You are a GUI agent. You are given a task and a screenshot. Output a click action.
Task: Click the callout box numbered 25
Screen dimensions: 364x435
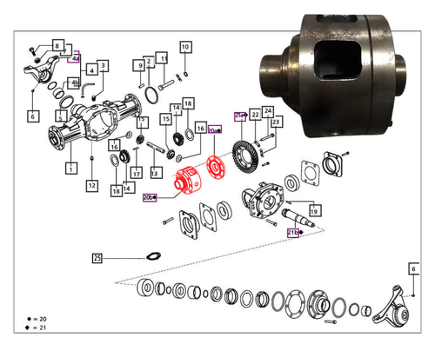point(97,258)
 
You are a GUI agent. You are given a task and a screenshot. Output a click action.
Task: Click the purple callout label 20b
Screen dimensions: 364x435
point(150,197)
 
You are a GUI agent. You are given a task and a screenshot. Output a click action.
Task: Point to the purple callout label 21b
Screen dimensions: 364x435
point(293,233)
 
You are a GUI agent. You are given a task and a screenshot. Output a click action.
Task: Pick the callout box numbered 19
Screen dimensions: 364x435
point(312,208)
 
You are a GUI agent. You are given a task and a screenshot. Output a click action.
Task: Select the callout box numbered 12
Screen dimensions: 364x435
point(91,185)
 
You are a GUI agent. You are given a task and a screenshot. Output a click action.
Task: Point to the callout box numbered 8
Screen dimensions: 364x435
point(57,45)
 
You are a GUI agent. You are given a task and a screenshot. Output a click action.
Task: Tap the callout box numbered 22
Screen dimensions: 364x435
point(255,114)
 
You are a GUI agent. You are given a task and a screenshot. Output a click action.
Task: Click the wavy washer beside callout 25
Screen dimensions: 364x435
point(152,256)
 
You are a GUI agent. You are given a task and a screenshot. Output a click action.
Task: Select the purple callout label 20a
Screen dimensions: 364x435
point(215,130)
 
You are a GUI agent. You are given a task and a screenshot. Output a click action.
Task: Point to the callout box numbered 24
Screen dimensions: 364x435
point(268,110)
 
